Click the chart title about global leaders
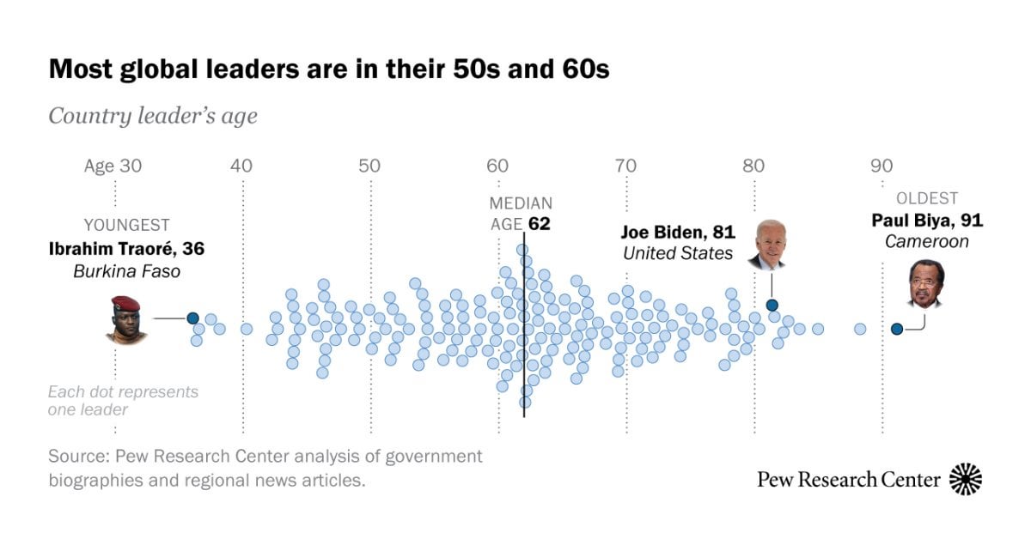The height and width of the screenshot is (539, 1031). (329, 69)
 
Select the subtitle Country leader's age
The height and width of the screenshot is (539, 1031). (152, 116)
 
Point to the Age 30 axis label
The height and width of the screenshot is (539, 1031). (113, 166)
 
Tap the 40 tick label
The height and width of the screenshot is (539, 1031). (241, 166)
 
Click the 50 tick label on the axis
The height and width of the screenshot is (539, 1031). (369, 166)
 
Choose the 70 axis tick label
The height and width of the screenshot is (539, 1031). (625, 166)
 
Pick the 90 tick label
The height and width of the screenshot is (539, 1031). (882, 166)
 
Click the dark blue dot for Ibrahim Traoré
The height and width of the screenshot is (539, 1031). (193, 318)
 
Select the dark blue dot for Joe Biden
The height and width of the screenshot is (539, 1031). (772, 305)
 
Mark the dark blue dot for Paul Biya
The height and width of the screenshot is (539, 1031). (897, 329)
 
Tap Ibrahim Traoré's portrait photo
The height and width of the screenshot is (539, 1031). (125, 319)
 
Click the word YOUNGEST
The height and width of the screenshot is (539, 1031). (126, 226)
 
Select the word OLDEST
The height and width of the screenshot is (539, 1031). (927, 198)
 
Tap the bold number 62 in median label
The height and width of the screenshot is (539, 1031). (539, 225)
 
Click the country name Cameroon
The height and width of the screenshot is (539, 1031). (927, 242)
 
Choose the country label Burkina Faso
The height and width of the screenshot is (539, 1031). (126, 271)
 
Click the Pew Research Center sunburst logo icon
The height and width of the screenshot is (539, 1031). (966, 479)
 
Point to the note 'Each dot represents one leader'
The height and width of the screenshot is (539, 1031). (123, 401)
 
